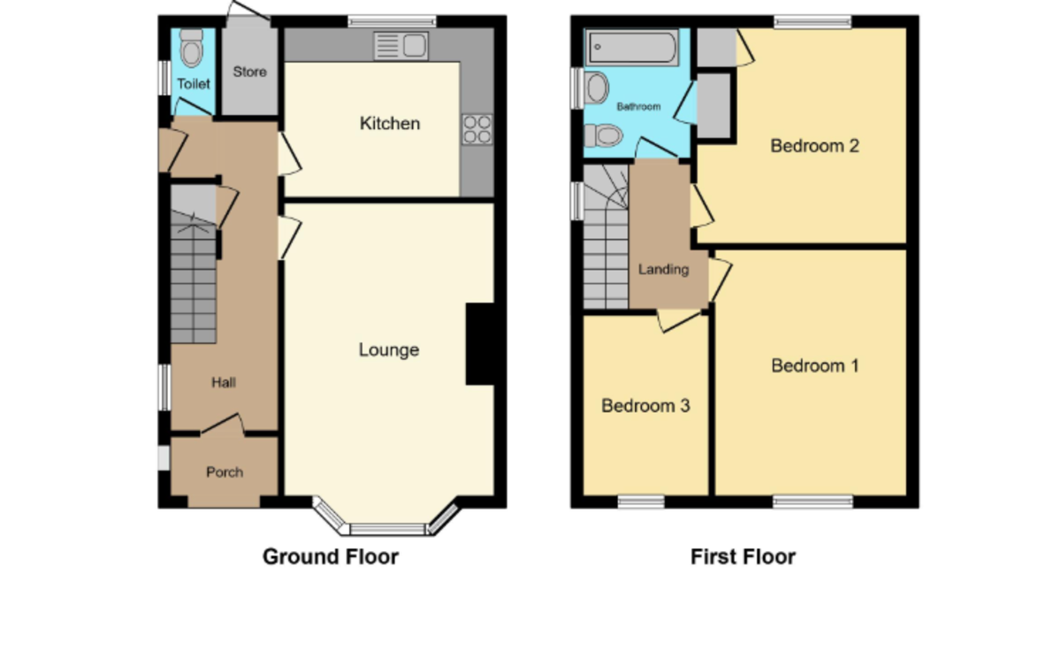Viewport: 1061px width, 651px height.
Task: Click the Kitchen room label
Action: tap(389, 124)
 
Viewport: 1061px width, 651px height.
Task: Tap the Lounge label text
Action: tap(388, 350)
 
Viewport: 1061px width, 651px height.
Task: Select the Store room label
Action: tap(249, 72)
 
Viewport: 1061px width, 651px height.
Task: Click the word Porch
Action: tap(225, 472)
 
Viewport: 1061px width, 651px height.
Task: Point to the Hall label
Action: tap(223, 383)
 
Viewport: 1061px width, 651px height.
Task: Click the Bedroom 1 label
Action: tap(814, 365)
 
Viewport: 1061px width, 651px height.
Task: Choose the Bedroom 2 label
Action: tap(814, 146)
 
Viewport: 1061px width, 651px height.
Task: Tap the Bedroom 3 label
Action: tap(645, 406)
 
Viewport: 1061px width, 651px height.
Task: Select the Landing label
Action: tap(663, 270)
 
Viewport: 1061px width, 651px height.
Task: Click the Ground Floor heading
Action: tap(331, 557)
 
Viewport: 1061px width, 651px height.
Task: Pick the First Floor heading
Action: tap(743, 557)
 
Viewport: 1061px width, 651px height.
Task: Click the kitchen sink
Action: tap(400, 44)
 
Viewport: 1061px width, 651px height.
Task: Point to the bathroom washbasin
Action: tap(597, 88)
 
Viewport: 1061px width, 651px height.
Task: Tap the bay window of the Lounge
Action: tap(387, 528)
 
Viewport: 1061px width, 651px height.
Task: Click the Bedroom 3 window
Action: tap(641, 502)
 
